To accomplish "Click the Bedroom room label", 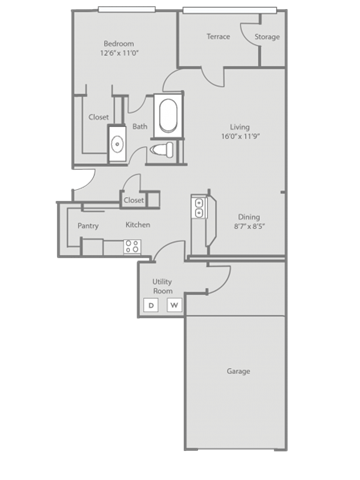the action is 119,44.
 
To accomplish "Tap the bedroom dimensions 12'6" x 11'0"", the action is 119,53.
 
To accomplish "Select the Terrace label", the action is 218,36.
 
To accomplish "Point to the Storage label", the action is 267,37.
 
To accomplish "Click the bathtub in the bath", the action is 168,115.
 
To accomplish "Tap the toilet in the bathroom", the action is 162,149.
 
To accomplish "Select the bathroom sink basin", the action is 117,144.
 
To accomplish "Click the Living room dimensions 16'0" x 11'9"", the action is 240,136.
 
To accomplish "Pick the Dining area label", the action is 249,217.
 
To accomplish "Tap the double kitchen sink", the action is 199,207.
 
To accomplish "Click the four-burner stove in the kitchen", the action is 132,247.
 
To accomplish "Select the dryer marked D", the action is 151,305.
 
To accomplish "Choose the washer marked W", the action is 174,305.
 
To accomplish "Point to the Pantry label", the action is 88,226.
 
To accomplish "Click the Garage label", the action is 238,371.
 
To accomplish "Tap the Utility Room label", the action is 162,286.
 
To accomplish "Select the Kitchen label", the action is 138,225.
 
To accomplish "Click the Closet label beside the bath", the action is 99,117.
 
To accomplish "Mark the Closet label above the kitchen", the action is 134,200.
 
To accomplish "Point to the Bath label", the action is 140,126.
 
